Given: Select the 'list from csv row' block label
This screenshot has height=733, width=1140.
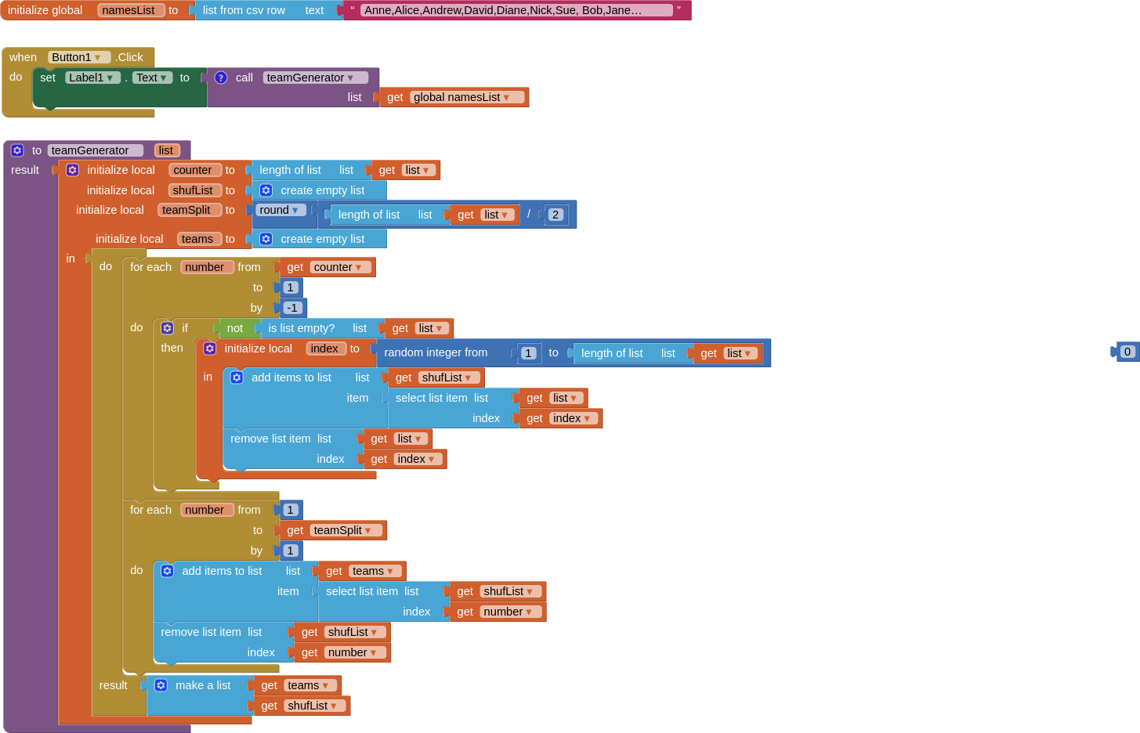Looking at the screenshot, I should [244, 10].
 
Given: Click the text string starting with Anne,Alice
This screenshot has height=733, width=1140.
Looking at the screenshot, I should [502, 10].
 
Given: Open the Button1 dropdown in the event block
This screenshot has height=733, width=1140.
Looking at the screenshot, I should [78, 57].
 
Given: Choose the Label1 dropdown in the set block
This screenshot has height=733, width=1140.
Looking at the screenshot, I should [92, 78].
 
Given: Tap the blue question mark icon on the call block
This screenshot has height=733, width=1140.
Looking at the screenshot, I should [221, 78].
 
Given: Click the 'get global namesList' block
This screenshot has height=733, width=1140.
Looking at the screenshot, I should [454, 97].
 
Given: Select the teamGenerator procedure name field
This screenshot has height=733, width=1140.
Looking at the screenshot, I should [94, 150].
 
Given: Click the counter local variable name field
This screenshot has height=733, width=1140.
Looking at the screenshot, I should [193, 170].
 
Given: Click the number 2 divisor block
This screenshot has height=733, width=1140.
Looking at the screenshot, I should [556, 215].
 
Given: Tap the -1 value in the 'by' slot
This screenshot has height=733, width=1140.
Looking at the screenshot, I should [292, 308].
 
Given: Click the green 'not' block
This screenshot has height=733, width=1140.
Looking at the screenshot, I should [234, 328].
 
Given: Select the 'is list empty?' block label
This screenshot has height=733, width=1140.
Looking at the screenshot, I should [301, 328].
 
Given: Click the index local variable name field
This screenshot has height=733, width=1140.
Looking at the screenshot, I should [324, 348].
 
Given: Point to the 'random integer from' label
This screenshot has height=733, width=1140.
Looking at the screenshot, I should [436, 352].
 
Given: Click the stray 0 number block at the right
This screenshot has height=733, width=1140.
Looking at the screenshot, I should [1127, 352].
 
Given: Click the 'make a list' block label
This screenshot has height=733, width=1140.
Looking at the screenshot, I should [203, 685].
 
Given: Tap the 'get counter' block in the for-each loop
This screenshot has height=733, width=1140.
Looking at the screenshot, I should [328, 267].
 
